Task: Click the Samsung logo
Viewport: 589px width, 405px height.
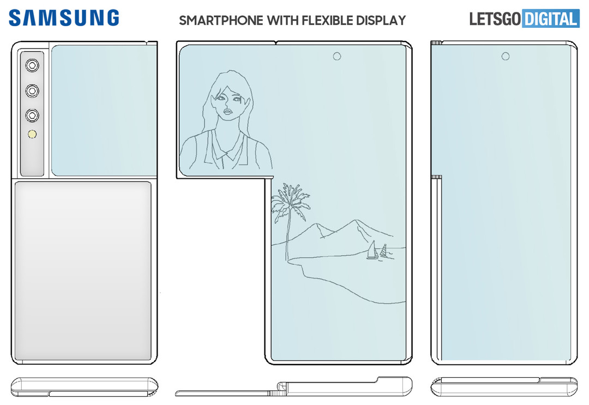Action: tap(64, 18)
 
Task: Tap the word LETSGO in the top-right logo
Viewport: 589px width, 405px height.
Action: tap(495, 19)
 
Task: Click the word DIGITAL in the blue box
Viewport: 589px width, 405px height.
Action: tap(550, 19)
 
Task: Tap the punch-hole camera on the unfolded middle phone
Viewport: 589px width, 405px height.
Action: tap(337, 56)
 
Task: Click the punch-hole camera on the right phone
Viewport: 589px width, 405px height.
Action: tap(505, 56)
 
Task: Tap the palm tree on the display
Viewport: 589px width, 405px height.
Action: tap(289, 204)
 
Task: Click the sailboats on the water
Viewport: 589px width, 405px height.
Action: tap(377, 252)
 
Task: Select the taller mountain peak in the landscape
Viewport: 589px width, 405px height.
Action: tap(356, 225)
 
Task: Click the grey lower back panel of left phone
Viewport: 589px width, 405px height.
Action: tap(83, 271)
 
